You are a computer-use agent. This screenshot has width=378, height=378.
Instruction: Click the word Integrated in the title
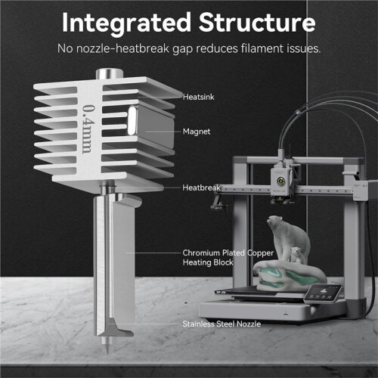coord(126,23)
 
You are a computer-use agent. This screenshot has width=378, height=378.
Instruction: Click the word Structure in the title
coord(257,22)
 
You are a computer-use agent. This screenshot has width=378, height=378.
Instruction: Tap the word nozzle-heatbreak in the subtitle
coord(122,48)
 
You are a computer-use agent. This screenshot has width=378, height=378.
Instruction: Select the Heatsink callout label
coord(199,97)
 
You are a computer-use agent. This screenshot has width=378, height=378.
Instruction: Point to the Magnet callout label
coord(197,132)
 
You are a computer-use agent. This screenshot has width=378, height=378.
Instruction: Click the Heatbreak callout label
coord(201,187)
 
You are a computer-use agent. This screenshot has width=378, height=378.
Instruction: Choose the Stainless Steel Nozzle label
coord(222,324)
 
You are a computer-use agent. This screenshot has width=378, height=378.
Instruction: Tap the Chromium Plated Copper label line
coord(228,253)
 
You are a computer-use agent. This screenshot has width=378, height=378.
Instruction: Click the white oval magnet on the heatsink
coord(132,120)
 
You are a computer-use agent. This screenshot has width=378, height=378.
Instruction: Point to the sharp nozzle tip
coord(107,353)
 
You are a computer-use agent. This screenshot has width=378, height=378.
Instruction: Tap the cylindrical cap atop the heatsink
coord(109,74)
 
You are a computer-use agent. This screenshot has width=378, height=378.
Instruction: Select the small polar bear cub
coord(298,255)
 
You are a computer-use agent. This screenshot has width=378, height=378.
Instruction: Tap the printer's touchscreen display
coord(324,293)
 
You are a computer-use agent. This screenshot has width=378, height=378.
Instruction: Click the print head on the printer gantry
coord(281,183)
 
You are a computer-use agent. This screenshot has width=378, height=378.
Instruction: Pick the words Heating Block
coord(208,262)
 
